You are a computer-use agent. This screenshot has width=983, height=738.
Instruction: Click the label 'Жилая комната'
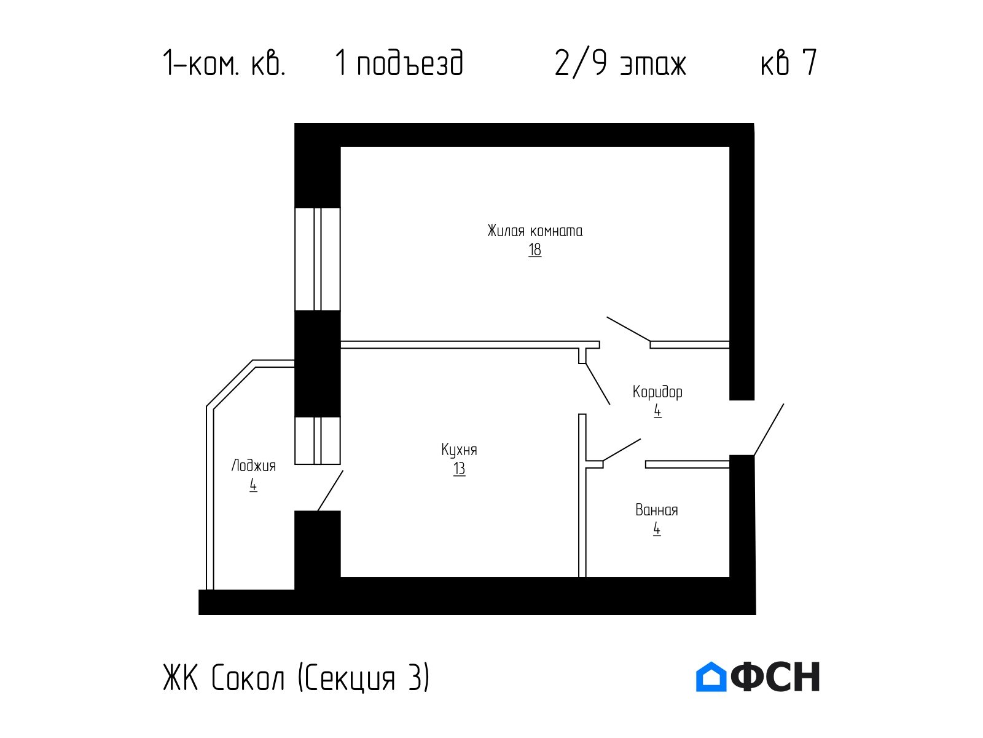pyautogui.click(x=535, y=231)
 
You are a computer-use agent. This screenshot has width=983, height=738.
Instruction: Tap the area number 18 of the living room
pyautogui.click(x=535, y=250)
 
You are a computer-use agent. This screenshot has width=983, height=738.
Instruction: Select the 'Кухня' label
pyautogui.click(x=459, y=450)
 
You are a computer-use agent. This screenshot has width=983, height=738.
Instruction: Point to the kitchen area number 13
pyautogui.click(x=459, y=469)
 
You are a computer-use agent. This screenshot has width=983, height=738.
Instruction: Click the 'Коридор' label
pyautogui.click(x=657, y=392)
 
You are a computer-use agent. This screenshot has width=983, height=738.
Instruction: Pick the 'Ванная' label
pyautogui.click(x=657, y=510)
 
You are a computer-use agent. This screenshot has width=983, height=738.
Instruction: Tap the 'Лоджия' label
pyautogui.click(x=254, y=466)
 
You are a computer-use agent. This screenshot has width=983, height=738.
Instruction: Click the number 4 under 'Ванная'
pyautogui.click(x=657, y=529)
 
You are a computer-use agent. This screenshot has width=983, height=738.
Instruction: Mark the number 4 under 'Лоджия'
pyautogui.click(x=253, y=485)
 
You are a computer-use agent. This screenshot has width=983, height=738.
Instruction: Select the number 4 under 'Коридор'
pyautogui.click(x=657, y=411)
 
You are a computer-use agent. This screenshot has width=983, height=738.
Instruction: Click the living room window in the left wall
pyautogui.click(x=317, y=259)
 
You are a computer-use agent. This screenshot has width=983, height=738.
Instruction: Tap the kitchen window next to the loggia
pyautogui.click(x=317, y=440)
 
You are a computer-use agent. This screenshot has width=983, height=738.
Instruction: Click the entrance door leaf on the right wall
pyautogui.click(x=769, y=429)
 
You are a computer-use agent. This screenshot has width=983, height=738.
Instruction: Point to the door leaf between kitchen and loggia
pyautogui.click(x=331, y=490)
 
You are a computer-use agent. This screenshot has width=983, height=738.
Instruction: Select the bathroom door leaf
pyautogui.click(x=622, y=450)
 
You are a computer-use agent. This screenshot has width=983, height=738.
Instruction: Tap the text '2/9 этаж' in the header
pyautogui.click(x=621, y=63)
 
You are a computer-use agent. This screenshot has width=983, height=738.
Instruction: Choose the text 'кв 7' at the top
pyautogui.click(x=789, y=63)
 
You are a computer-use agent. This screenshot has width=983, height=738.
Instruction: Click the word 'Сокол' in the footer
pyautogui.click(x=248, y=678)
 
